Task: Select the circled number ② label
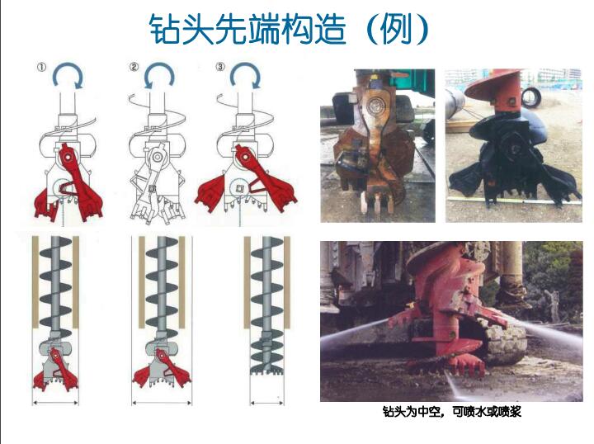pos(134,67)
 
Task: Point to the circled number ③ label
pos(219,67)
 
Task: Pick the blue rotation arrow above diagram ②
pos(158,77)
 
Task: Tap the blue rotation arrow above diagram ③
pos(245,77)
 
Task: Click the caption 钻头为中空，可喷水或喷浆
pos(451,411)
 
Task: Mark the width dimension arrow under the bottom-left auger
pos(56,402)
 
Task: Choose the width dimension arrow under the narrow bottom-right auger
pos(265,402)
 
